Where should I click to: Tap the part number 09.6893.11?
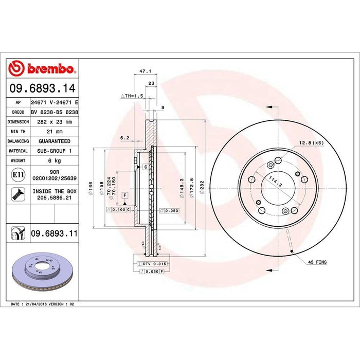coord(55,233)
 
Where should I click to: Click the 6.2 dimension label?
coord(124,138)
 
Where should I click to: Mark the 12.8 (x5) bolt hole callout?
coord(310,142)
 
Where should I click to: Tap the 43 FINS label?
coord(317,262)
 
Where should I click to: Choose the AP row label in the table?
coord(18,102)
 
